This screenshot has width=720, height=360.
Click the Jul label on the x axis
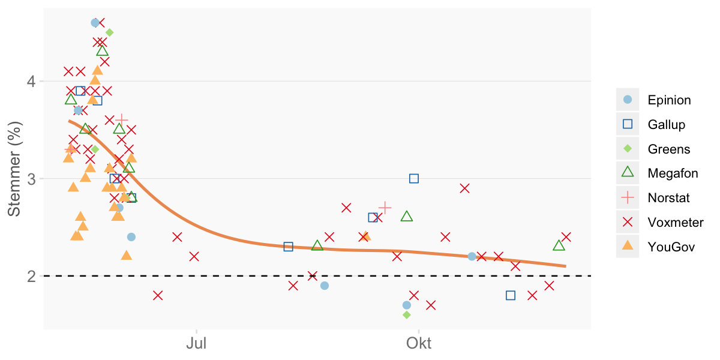click(x=196, y=344)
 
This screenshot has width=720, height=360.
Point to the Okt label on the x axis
click(x=418, y=344)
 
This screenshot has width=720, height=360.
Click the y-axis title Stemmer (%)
click(x=14, y=169)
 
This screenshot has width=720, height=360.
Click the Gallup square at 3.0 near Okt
click(x=413, y=178)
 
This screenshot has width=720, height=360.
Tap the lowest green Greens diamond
click(x=406, y=314)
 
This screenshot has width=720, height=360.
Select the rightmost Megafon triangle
click(x=559, y=245)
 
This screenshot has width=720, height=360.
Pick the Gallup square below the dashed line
click(x=511, y=295)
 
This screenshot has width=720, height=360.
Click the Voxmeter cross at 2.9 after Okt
click(x=464, y=188)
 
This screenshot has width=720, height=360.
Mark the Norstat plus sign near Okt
click(x=385, y=208)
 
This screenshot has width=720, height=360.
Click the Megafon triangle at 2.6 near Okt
click(x=407, y=217)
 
